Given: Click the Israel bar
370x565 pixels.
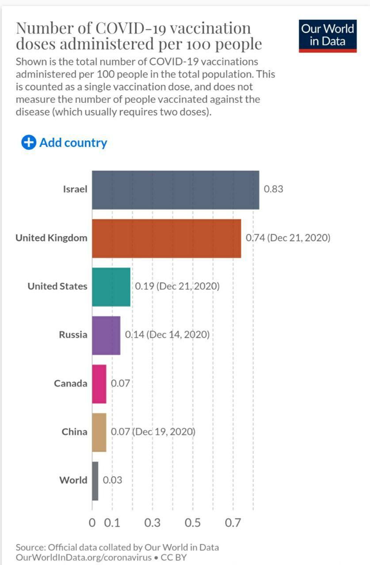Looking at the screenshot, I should pos(175,190).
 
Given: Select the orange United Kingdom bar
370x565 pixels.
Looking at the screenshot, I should pos(166,238).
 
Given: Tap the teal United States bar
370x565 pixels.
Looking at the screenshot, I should pos(111,287).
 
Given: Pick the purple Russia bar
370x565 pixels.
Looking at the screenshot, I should pos(106,335).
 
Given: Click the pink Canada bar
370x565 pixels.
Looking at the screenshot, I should pos(99,384).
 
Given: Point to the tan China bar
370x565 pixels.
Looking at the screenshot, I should pos(99,433).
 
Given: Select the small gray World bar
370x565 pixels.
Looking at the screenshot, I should pos(95,481).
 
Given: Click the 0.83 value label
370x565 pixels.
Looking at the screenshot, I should pos(273,189).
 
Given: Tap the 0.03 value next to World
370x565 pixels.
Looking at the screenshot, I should pos(112,480).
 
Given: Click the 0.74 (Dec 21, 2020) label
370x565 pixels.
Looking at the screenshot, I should pos(288,238).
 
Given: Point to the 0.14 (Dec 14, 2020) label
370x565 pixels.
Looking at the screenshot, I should pos(167,335).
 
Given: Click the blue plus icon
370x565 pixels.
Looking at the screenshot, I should pos(28,143).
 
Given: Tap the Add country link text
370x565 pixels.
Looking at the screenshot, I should pos(73,143).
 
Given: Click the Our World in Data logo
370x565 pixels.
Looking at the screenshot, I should pos(328,35).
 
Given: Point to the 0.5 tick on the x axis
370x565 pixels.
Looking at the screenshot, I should pos(193,523).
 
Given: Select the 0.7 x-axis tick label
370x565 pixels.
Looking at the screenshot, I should pos(233,523).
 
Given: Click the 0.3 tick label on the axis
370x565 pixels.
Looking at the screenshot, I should pos(153,523).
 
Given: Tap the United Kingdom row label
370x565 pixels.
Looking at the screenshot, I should pos(51,238).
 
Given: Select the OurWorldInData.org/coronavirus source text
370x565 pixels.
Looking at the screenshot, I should pos(84,557).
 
